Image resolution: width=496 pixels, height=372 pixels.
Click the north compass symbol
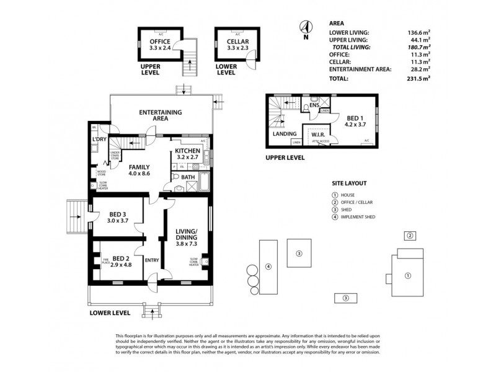(304, 27)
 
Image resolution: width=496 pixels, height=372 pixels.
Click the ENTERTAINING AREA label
(161, 115)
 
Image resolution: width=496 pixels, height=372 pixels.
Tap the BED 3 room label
(117, 216)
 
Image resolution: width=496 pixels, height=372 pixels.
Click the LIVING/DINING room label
(187, 237)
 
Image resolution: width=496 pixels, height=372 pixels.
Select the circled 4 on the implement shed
(268, 267)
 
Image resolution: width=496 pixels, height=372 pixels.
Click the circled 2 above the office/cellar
(409, 236)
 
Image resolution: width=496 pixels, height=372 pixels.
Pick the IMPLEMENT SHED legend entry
(358, 217)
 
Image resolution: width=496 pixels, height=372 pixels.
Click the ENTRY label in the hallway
(152, 260)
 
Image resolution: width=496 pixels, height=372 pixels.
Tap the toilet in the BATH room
(176, 177)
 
